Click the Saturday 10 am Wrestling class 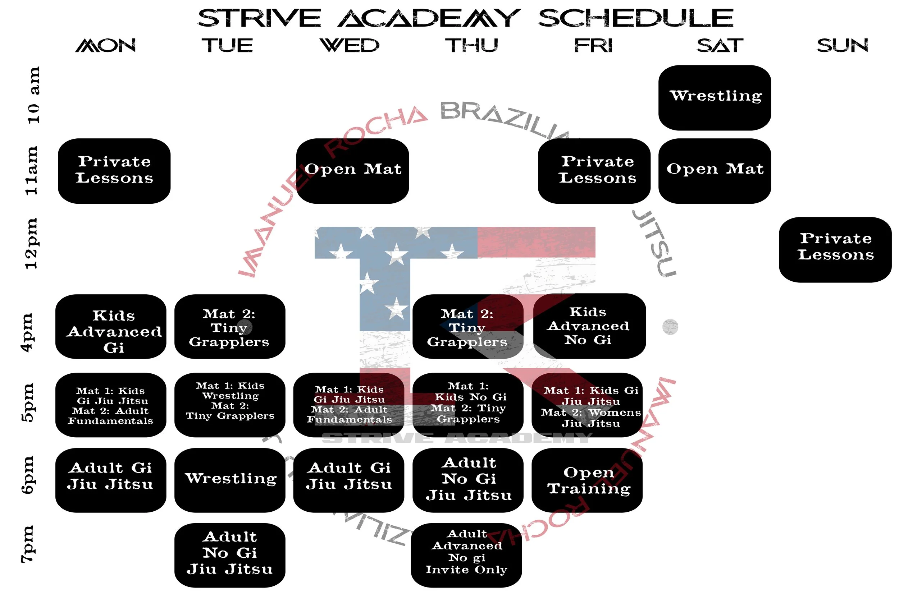715,97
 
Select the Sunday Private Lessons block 835,249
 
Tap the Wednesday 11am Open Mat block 352,171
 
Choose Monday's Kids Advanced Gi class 111,326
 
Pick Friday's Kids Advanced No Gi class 589,326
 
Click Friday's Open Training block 587,480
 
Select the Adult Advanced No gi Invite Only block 466,555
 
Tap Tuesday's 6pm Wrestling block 230,480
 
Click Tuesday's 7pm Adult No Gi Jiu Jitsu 230,555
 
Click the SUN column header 842,46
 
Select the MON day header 105,46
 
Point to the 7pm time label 28,544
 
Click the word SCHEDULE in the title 636,18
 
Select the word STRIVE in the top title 259,18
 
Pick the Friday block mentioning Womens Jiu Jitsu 587,405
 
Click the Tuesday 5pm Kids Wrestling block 230,405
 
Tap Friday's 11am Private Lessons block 594,171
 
